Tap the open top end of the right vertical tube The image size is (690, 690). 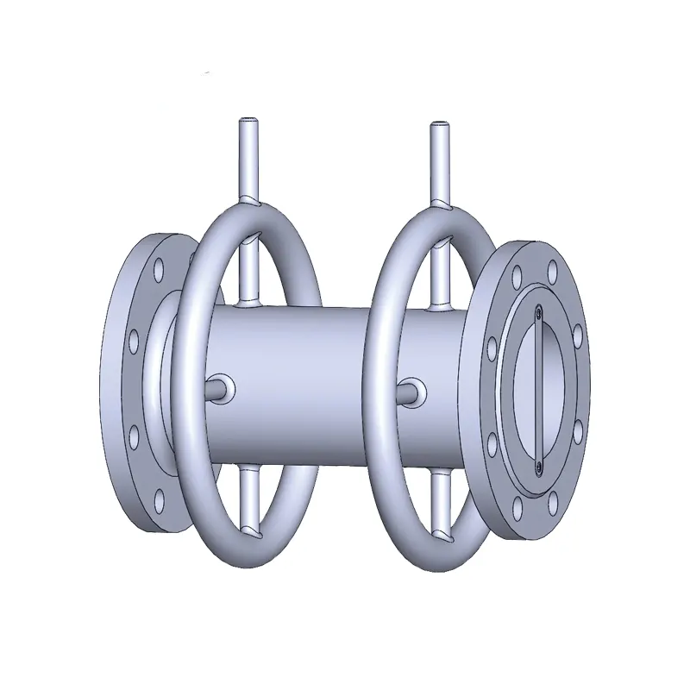tap(440, 127)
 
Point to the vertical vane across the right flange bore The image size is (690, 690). tap(536, 388)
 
